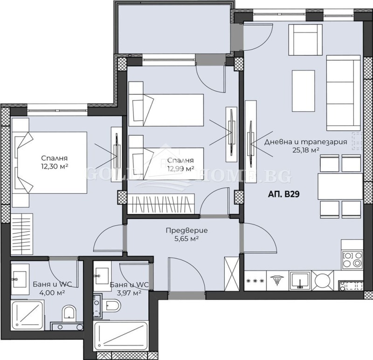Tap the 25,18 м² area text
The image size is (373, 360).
tap(305, 150)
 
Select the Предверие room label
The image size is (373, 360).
tap(186, 231)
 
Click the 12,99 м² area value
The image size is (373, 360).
tap(181, 169)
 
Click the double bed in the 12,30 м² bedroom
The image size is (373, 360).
tap(51, 162)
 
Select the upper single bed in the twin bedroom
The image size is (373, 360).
tap(166, 110)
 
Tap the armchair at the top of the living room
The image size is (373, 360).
tap(305, 37)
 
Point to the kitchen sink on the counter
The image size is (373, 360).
tap(298, 280)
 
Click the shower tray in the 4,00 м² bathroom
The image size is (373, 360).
tap(27, 315)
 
